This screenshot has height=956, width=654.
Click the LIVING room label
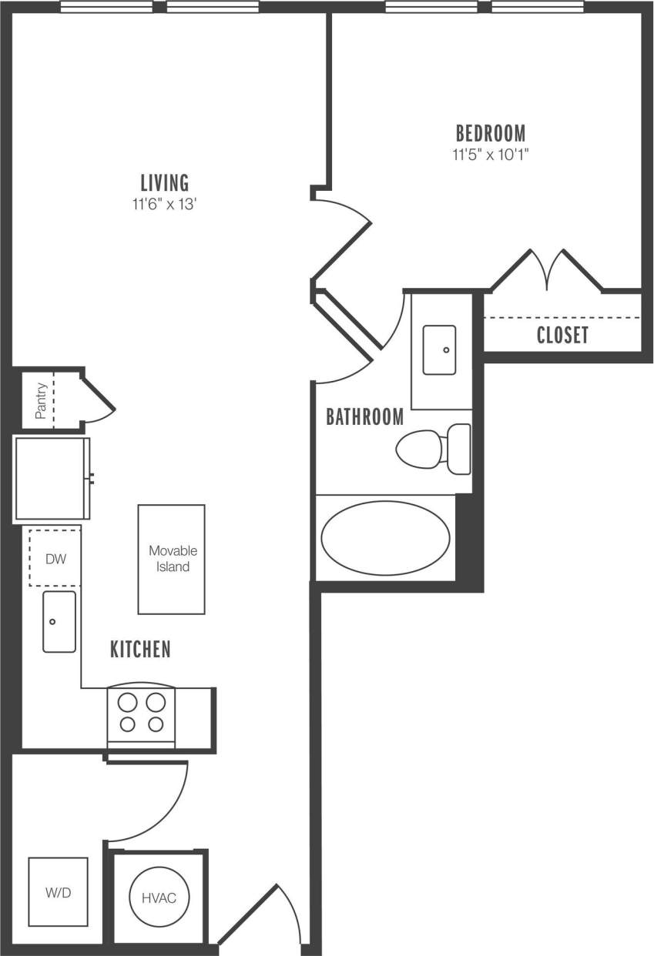[164, 182]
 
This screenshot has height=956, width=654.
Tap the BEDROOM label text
[490, 132]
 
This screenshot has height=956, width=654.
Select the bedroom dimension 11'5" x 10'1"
[490, 154]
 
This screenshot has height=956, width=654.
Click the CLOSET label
[562, 336]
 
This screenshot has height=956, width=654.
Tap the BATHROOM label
[364, 417]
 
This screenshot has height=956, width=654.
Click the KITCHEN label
[140, 650]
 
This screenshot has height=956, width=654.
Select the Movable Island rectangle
[172, 559]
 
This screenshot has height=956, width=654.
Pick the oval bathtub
[385, 539]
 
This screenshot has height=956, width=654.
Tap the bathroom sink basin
[439, 350]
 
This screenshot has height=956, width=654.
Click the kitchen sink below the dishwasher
[59, 622]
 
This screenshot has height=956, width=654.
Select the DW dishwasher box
[55, 557]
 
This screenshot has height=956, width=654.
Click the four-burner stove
[141, 714]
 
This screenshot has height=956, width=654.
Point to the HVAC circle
[159, 898]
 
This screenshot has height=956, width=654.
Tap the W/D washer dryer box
[58, 892]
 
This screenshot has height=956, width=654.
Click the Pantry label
[41, 400]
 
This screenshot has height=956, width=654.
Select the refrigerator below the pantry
[51, 478]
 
